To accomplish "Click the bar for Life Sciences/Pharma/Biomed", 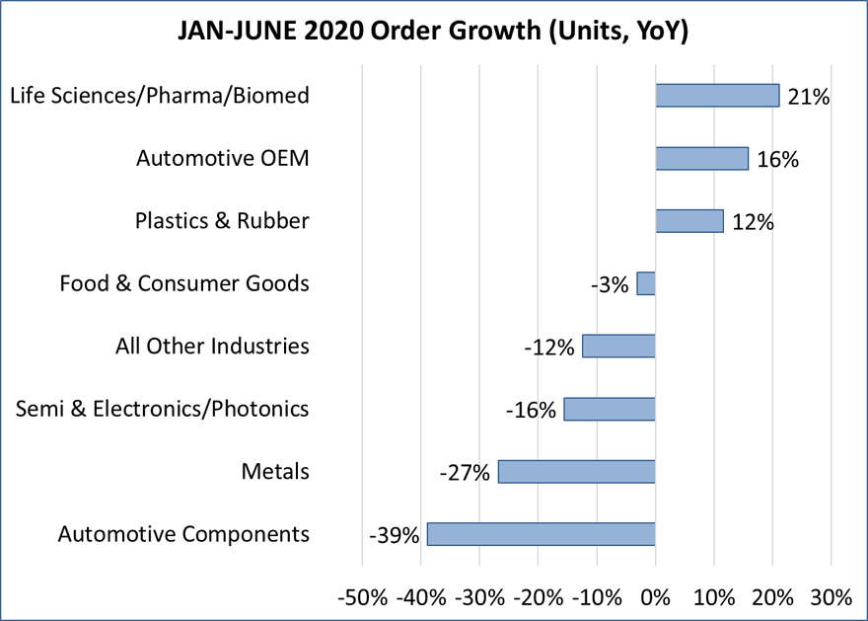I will coord(717,95).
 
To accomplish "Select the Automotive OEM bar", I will coord(701,158).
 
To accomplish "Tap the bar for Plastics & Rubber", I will coord(689,220).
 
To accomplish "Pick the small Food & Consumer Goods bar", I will coord(646,283).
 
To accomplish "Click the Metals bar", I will coord(576,472).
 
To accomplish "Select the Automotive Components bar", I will coord(541,534).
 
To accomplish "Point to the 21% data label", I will coord(809,97).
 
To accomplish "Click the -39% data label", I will coord(395,536).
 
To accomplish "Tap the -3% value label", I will coord(611,285).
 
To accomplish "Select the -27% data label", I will coord(465,474).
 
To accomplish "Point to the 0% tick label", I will coord(655,597).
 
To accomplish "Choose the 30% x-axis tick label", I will coord(831,597).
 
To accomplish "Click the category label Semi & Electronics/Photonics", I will coord(163,409).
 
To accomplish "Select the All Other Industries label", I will coord(213,347).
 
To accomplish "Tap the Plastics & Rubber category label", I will coord(222,220).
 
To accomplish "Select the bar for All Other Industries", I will coord(618,346).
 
